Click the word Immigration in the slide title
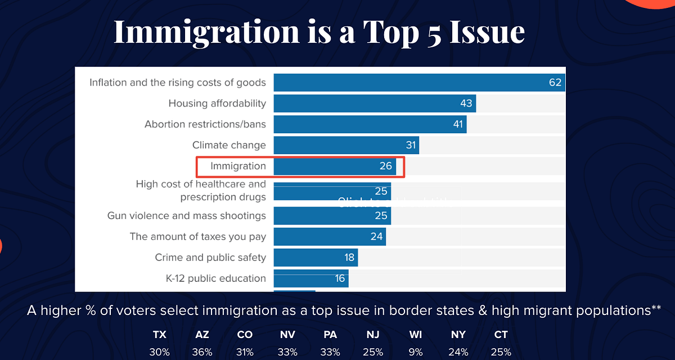click(x=206, y=32)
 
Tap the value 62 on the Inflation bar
click(x=555, y=83)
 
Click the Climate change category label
click(x=229, y=145)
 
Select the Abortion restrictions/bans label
click(x=205, y=124)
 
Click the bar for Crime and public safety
click(x=316, y=258)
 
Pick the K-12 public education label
click(x=211, y=278)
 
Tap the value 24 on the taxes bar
click(x=376, y=237)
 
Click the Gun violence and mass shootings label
click(x=186, y=216)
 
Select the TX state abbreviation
click(x=160, y=335)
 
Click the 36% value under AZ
click(x=202, y=352)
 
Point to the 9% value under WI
click(x=416, y=352)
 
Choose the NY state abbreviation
click(x=458, y=335)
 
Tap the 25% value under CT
click(x=501, y=352)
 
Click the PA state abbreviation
click(x=330, y=335)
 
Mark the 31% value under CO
click(x=245, y=352)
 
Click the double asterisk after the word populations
click(x=656, y=308)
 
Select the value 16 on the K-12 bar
click(x=339, y=278)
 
